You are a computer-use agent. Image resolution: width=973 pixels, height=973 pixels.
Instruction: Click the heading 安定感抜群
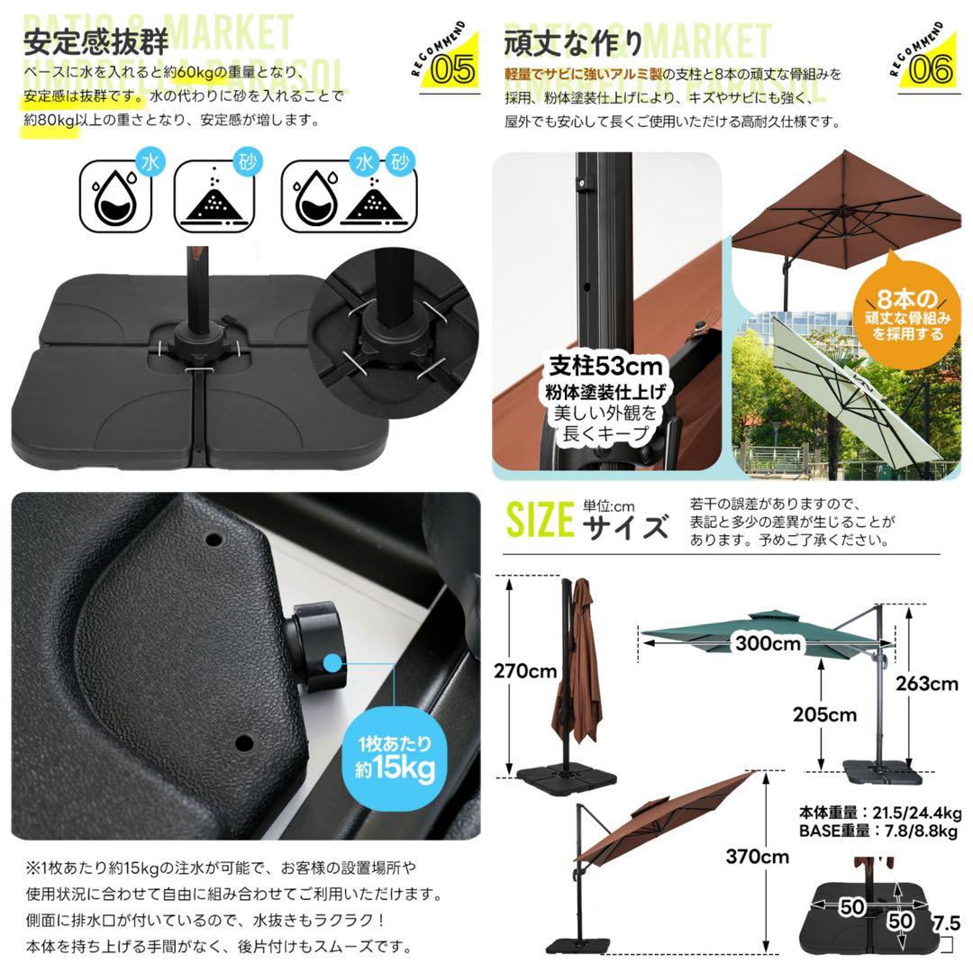click(95, 42)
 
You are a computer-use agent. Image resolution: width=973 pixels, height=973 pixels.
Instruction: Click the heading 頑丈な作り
click(573, 42)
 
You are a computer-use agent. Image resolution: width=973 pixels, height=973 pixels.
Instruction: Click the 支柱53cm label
click(606, 368)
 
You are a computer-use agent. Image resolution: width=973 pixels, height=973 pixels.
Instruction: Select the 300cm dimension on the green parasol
click(768, 643)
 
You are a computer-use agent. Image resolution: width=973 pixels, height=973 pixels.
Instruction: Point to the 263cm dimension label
click(926, 683)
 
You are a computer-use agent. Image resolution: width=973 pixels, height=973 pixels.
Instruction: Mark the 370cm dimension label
click(757, 857)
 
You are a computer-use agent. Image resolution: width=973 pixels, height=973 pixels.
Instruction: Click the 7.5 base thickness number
click(946, 923)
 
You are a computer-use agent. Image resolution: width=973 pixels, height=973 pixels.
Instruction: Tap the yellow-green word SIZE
click(540, 520)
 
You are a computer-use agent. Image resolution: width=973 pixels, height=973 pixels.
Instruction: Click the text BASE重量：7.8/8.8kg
click(878, 831)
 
